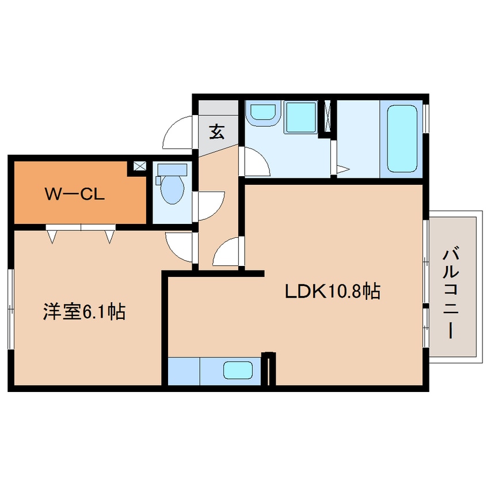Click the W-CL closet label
pyautogui.click(x=74, y=195)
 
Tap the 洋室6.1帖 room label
pyautogui.click(x=84, y=312)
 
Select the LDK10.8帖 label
pyautogui.click(x=333, y=292)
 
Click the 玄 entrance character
pyautogui.click(x=216, y=132)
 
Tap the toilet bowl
pyautogui.click(x=172, y=189)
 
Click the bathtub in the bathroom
pyautogui.click(x=401, y=138)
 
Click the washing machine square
pyautogui.click(x=301, y=118)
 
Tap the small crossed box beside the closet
pyautogui.click(x=140, y=166)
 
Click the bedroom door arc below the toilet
pyautogui.click(x=180, y=245)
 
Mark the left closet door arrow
pyautogui.click(x=52, y=235)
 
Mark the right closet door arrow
pyautogui.click(x=109, y=235)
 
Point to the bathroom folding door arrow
pyautogui.click(x=343, y=169)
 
